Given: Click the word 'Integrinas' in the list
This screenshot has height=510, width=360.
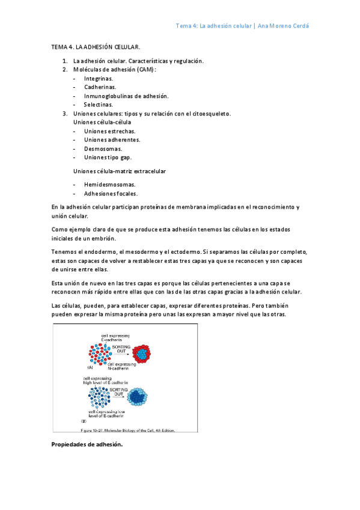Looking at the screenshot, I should tap(98, 79).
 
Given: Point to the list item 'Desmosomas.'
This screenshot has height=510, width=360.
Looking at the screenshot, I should tap(103, 149).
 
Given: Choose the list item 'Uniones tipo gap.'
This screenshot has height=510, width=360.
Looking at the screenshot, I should tap(108, 157).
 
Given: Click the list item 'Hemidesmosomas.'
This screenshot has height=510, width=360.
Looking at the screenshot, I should tap(109, 185).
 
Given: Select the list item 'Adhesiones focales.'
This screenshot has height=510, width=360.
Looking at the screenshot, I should tap(111, 194).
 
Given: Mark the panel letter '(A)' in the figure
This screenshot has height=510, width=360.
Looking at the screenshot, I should tap(90, 367).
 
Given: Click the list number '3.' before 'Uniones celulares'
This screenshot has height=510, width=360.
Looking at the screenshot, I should tap(65, 113).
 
